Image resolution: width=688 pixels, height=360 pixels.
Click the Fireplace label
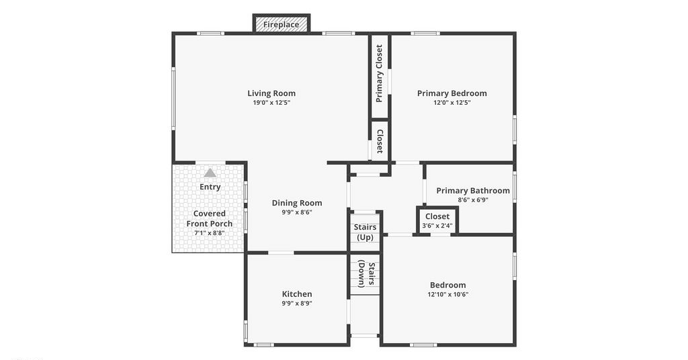(282, 25)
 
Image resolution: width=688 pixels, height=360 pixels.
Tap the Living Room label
(271, 93)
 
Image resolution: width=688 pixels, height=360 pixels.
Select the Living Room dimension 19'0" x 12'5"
(271, 103)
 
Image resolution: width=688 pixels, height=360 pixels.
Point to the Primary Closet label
(379, 74)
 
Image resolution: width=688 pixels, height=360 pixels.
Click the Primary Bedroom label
(452, 93)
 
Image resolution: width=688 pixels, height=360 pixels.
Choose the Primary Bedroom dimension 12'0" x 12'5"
(452, 103)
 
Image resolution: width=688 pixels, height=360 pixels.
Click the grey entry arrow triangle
(210, 173)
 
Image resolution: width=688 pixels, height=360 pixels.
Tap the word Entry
(210, 187)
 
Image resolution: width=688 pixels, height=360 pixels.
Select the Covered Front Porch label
(210, 218)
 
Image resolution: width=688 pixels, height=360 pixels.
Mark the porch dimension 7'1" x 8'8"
(210, 233)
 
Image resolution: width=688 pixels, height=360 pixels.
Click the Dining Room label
(297, 203)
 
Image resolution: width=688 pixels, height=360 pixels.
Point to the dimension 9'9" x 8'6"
(297, 212)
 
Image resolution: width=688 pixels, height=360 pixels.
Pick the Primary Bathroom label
(473, 190)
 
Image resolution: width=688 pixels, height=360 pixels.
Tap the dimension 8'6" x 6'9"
(473, 200)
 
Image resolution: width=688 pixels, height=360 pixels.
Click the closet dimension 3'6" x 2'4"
(437, 226)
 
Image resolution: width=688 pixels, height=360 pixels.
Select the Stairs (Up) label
(365, 232)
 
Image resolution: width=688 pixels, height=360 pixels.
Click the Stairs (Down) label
(366, 274)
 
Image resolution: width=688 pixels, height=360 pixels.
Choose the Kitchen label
(297, 294)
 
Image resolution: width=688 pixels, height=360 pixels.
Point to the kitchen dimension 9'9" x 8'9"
(297, 304)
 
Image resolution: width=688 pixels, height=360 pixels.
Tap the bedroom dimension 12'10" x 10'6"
(448, 295)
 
